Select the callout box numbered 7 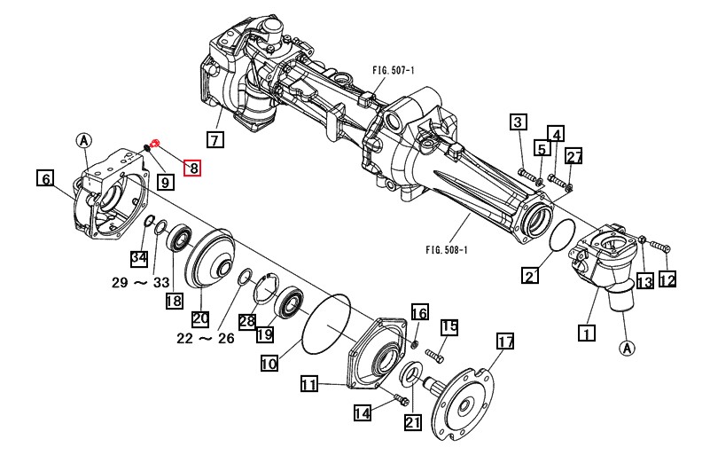tap(215, 139)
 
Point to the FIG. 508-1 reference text tap(446, 249)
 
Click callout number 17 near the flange tap(505, 342)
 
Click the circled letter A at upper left tap(83, 140)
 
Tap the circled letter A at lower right tap(626, 347)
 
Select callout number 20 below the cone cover tap(199, 318)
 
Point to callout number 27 tap(574, 157)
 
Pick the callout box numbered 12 tap(667, 280)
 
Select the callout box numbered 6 tap(44, 178)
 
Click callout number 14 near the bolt tap(363, 412)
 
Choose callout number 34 tap(138, 258)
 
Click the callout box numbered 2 tap(529, 276)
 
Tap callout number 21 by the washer tap(413, 422)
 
